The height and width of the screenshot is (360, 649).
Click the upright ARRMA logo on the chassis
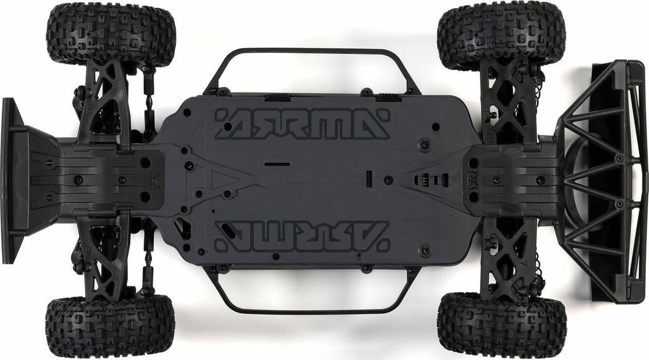pyautogui.click(x=302, y=124)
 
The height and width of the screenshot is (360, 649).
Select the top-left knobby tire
pyautogui.click(x=111, y=34)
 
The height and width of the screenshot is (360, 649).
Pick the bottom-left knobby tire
pyautogui.click(x=110, y=327)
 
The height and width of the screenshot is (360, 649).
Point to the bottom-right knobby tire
pyautogui.click(x=501, y=325)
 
